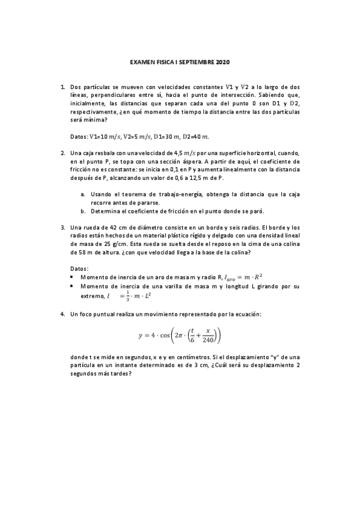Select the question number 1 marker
click(x=63, y=88)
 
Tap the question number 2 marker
click(x=63, y=153)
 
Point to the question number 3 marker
click(x=63, y=227)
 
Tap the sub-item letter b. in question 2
click(x=83, y=211)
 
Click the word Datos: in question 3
click(x=79, y=268)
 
